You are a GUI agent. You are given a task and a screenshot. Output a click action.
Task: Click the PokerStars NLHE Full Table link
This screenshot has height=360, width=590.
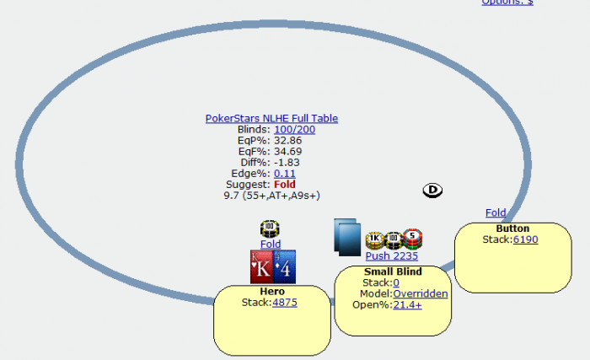coord(271,119)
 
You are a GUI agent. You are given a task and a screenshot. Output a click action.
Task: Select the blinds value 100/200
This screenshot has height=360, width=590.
coord(295,130)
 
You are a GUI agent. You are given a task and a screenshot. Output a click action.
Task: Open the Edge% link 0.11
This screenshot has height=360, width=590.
coord(285,174)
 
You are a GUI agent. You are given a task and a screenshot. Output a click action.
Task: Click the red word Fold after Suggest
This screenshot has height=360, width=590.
coord(283,185)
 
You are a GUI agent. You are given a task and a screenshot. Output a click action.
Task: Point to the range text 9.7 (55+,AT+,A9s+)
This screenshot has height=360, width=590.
coord(271,196)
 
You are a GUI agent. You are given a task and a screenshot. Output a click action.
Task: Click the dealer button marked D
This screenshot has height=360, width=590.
coord(432,190)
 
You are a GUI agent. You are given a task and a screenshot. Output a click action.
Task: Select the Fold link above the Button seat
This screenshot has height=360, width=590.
coord(496,213)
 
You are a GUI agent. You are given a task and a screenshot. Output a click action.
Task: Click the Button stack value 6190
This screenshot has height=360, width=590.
coord(525,239)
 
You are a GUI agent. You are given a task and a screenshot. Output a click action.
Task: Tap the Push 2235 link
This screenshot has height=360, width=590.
coord(391,256)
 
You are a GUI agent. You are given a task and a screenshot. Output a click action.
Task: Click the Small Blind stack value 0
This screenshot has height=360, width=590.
coord(396,282)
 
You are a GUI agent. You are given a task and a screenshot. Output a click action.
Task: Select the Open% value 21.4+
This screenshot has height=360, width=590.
coord(408,304)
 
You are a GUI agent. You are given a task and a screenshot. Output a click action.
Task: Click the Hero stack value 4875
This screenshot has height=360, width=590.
coord(284,302)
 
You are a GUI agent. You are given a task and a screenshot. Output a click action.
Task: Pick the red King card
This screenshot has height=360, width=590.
coord(260,266)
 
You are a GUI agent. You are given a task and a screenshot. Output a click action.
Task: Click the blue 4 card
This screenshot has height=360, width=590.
coord(284,266)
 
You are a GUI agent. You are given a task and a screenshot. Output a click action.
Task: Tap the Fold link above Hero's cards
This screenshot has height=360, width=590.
coord(271,244)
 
